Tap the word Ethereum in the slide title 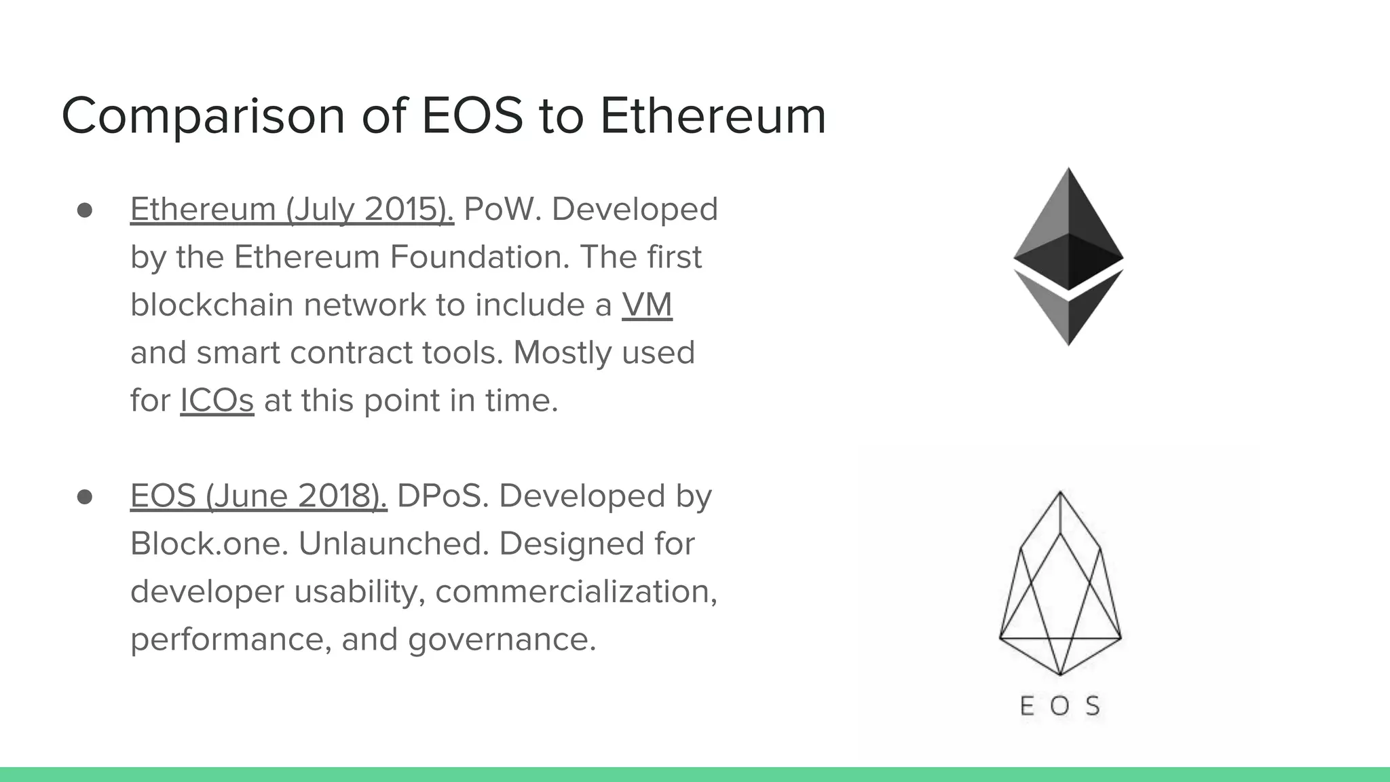[x=713, y=115]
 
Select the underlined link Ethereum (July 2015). [x=292, y=209]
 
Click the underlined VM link [x=647, y=305]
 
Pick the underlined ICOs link [x=217, y=401]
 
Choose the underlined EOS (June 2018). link [x=259, y=496]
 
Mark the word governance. [x=502, y=639]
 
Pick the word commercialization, [x=576, y=591]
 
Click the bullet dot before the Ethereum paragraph [x=85, y=210]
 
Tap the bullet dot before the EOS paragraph [x=85, y=497]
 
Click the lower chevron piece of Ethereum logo [x=1068, y=312]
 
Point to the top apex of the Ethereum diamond [x=1068, y=171]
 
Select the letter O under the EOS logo [x=1059, y=707]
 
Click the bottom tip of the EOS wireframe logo [x=1060, y=673]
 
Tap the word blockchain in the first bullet [x=211, y=305]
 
